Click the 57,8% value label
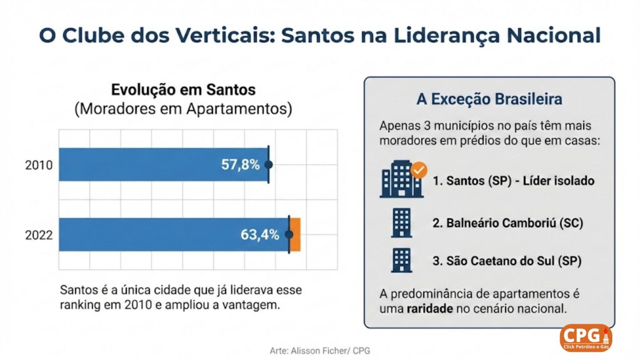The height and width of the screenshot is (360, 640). pos(240,165)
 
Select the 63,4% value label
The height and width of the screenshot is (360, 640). pos(260,235)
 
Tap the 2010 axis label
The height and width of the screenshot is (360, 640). pos(39,165)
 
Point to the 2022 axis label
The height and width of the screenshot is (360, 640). pos(39,235)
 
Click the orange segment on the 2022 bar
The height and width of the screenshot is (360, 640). pos(295,235)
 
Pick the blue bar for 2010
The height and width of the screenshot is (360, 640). pos(149,165)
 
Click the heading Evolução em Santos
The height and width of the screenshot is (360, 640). pos(183,90)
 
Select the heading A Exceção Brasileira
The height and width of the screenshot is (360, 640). pos(489,99)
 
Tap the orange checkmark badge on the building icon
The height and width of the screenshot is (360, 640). pos(419,171)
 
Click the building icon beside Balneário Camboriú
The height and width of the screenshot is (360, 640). pos(401,222)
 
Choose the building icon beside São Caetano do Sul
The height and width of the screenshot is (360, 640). pos(401,260)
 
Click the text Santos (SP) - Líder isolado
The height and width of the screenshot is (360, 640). pos(513,181)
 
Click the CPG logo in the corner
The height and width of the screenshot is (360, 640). pos(585,337)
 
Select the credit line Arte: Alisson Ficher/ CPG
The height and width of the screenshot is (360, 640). pos(320,351)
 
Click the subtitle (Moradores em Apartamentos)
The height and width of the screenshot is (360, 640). pos(183,109)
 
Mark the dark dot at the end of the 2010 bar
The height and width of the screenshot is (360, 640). pos(268,165)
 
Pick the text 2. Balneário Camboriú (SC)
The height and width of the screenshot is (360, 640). pos(508,223)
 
